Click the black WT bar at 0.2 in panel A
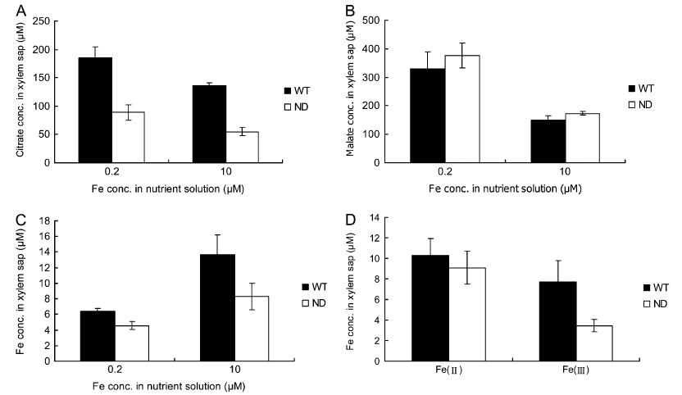coord(95,110)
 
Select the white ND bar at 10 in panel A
coord(243,147)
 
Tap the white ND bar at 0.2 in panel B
coord(462,109)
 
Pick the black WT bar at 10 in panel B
coord(548,141)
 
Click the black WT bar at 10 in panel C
coord(217,307)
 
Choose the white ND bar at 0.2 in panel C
coord(132,343)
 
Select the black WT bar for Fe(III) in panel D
coord(558,321)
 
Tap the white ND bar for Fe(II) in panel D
coord(467,315)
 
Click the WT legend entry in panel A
coord(297,91)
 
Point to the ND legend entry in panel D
coord(655,304)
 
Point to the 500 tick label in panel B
coord(371,20)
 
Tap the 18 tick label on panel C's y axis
coord(45,221)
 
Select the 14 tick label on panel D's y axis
coord(375,217)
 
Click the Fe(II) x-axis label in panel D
coord(449,370)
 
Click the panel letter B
coord(350,11)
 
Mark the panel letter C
coord(20,220)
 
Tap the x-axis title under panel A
coord(168,189)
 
